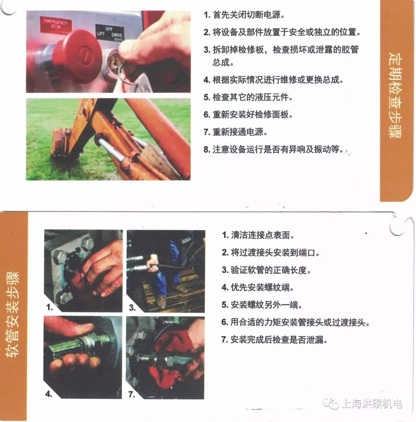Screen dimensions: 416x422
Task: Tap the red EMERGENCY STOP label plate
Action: (x=56, y=24)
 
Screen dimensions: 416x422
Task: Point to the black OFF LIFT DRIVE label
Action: (x=110, y=32)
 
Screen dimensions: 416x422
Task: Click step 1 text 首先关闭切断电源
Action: (x=244, y=15)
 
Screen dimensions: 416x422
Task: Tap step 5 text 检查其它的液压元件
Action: (x=248, y=97)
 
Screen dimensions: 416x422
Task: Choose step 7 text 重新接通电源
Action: (x=235, y=132)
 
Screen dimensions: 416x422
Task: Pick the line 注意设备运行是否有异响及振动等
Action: (x=273, y=149)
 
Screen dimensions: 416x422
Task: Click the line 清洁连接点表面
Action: (x=258, y=235)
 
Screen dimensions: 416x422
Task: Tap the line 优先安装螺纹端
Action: (x=258, y=287)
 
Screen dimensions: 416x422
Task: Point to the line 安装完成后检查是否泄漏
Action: (x=274, y=340)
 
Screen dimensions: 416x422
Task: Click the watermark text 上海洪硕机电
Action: (x=372, y=404)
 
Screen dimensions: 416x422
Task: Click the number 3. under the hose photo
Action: (x=132, y=308)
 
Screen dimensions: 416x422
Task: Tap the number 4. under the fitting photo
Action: (x=49, y=394)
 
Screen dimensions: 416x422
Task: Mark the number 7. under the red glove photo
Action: (x=132, y=394)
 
